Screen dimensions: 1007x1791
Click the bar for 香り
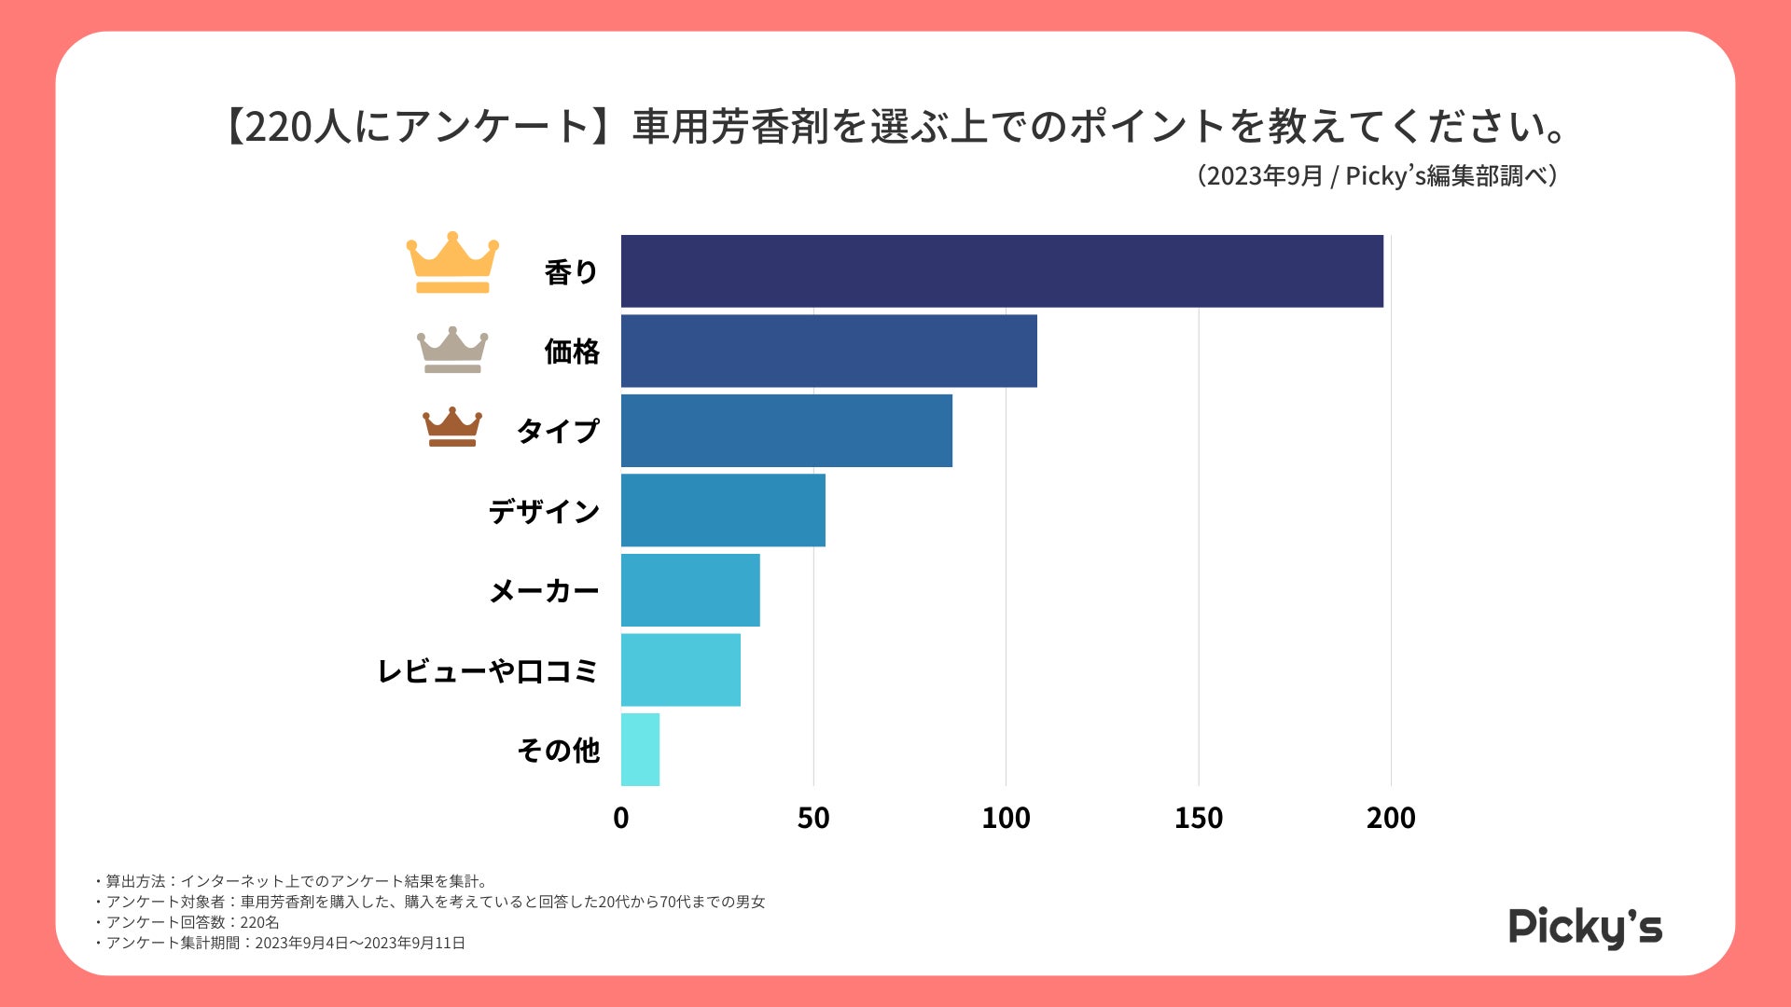[1002, 271]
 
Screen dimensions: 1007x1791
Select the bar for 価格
[828, 351]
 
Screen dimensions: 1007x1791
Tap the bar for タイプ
[786, 431]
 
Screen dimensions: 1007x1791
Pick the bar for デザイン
[723, 510]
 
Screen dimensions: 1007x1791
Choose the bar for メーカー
[690, 590]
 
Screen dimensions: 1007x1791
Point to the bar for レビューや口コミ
[681, 669]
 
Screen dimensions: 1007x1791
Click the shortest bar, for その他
[640, 750]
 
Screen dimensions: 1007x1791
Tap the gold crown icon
[452, 263]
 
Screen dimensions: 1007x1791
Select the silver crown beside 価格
[452, 351]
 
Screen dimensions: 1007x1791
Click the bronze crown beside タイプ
[452, 427]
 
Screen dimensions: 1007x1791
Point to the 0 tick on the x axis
[621, 818]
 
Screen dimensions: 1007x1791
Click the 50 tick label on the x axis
[813, 818]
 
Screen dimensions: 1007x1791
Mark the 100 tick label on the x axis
[1006, 818]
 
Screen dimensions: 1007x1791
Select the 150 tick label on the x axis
[1199, 818]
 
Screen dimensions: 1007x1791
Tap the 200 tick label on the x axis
[1391, 818]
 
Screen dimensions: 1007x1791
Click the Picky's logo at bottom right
[1585, 927]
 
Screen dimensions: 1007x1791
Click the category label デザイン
[544, 511]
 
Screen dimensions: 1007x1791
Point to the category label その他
[558, 750]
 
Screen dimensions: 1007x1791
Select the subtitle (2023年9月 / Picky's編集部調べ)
[1378, 175]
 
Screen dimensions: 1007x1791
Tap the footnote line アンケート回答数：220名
[192, 922]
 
